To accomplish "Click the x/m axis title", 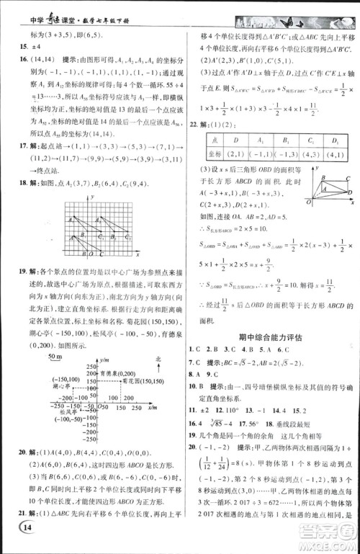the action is click(152, 406).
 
